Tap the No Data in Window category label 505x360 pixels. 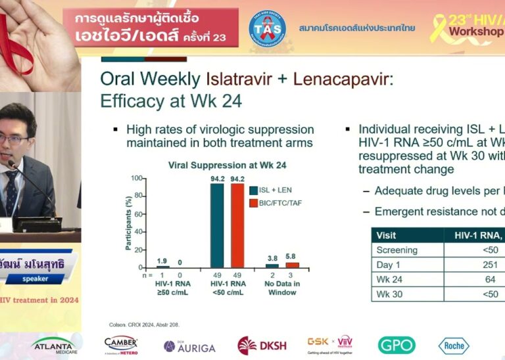283,287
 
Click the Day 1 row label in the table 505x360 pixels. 389,264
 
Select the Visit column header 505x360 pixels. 386,235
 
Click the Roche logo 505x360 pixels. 454,346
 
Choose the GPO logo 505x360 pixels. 397,346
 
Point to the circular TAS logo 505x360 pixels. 268,28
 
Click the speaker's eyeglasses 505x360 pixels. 14,139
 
